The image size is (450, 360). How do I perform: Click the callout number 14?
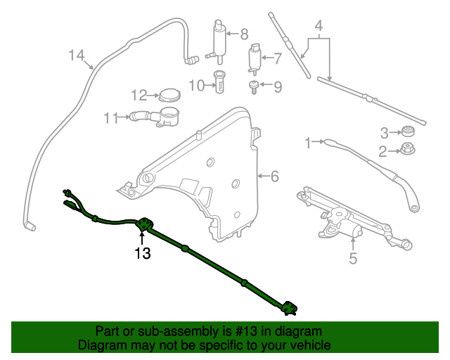coord(77,55)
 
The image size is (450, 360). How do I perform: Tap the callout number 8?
coord(244,33)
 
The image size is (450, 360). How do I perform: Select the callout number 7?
coord(277,58)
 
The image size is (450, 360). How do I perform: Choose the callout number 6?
coord(274,176)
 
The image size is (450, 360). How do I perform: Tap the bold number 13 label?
coord(143,253)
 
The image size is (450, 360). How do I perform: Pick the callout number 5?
coord(353,259)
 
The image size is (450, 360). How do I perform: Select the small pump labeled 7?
coord(254,58)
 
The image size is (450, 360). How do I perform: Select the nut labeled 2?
coord(406,149)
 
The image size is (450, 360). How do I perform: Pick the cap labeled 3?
coord(406,131)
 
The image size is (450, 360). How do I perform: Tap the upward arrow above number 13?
coord(143,236)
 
